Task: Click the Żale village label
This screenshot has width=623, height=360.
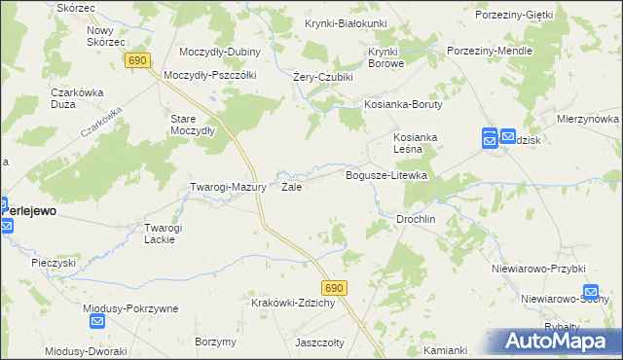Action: (290, 186)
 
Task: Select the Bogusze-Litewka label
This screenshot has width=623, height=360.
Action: (387, 175)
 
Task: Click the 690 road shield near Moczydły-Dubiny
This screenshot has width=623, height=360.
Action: (136, 60)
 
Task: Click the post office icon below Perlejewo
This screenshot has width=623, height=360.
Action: (6, 227)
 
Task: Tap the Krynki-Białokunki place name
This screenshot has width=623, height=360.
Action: (346, 23)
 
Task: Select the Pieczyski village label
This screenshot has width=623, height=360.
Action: (53, 263)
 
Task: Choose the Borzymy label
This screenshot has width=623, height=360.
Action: (215, 342)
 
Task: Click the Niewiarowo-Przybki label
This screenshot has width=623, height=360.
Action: (538, 269)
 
